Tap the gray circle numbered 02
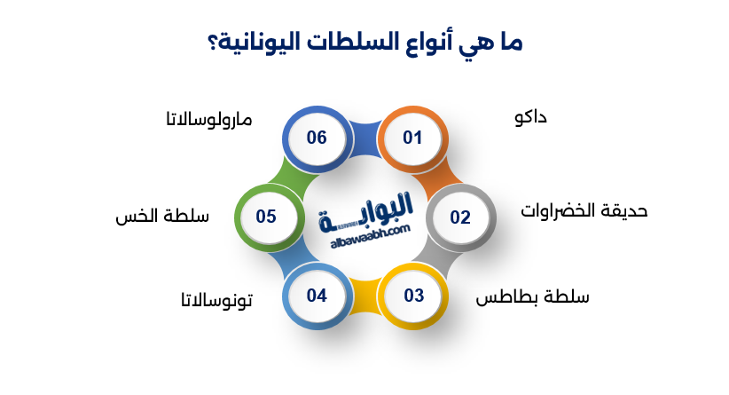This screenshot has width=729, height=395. click(459, 217)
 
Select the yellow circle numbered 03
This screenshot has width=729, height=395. click(413, 296)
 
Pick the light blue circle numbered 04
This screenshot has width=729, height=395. click(317, 296)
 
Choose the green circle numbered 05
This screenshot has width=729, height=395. click(266, 216)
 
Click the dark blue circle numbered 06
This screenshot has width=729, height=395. click(317, 138)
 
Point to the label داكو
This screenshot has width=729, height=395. click(529, 117)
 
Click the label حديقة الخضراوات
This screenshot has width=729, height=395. click(584, 210)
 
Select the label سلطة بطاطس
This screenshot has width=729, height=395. click(532, 296)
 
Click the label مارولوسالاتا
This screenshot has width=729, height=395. click(208, 119)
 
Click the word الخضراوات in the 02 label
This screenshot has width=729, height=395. click(560, 210)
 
